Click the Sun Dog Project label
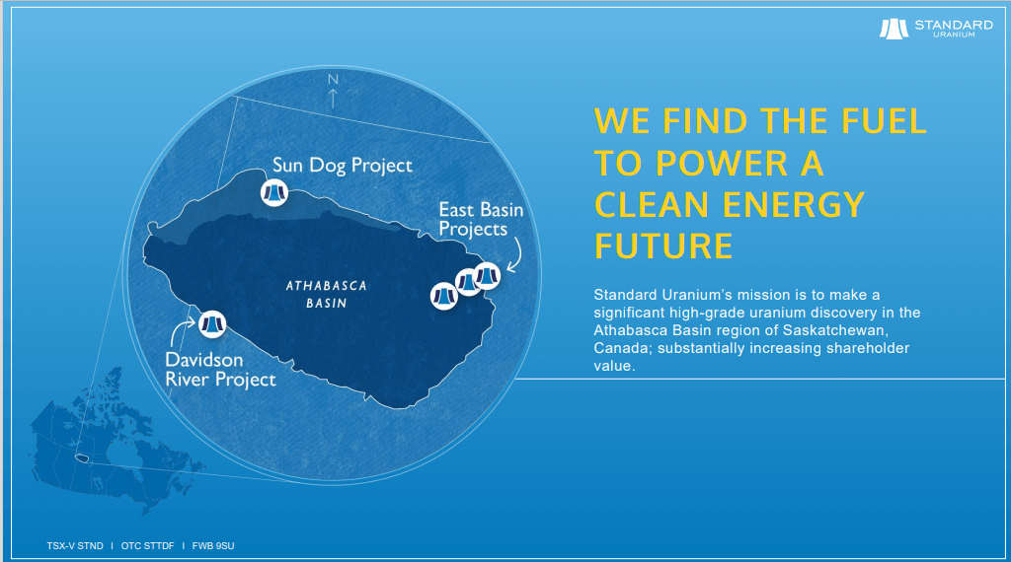point(342,165)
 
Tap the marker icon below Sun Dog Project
point(273,191)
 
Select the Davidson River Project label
point(219,370)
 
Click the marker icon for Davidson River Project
point(213,322)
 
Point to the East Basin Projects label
point(481,219)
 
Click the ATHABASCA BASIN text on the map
point(326,294)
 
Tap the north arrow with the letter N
point(334,90)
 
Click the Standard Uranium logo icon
point(894,29)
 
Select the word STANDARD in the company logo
point(954,25)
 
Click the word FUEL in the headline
point(878,121)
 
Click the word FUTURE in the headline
point(663,246)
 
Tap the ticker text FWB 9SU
point(214,544)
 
